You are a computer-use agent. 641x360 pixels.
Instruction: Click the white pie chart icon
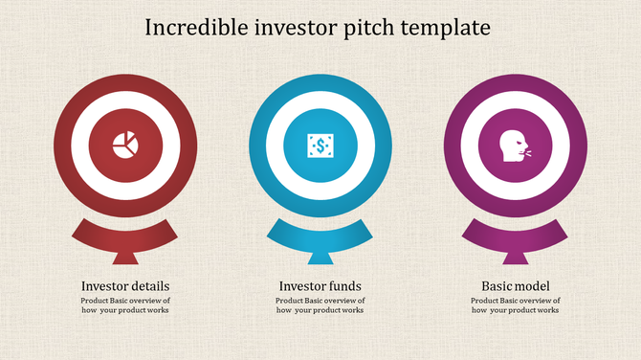tap(124, 146)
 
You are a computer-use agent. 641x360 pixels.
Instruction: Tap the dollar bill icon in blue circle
tap(320, 146)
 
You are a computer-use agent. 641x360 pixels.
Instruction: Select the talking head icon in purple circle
tap(515, 146)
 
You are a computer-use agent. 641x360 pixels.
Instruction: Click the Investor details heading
tap(125, 286)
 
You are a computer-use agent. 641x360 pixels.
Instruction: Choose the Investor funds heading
tap(320, 286)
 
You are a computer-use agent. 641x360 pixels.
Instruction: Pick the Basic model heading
tap(515, 286)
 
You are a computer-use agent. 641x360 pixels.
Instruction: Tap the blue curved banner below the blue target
tap(320, 233)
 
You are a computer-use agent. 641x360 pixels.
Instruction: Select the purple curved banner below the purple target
tap(516, 233)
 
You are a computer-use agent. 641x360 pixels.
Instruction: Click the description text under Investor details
tap(125, 305)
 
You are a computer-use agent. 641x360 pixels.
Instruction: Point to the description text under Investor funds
tap(320, 305)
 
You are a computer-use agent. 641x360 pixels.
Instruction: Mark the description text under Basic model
tap(515, 305)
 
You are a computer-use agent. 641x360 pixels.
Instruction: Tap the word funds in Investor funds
tap(344, 286)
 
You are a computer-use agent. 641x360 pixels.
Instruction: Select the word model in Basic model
tap(533, 286)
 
